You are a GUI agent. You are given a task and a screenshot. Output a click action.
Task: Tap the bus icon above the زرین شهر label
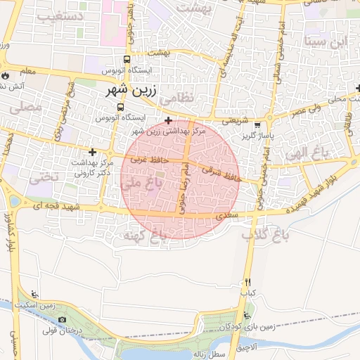127,60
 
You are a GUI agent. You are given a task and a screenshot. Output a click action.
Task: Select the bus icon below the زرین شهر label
121,108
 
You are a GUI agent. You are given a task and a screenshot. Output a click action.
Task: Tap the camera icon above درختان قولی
63,320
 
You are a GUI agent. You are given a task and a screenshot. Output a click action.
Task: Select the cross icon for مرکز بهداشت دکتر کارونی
92,152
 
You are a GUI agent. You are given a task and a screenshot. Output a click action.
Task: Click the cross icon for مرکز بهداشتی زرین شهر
168,121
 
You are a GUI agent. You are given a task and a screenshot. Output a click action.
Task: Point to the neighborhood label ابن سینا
326,41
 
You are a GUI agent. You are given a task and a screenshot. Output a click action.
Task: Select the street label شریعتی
235,121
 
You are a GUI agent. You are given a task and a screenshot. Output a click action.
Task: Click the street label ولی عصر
308,110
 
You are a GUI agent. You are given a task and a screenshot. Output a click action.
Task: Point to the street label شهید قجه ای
54,205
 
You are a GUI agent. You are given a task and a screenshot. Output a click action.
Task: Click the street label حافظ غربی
145,160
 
